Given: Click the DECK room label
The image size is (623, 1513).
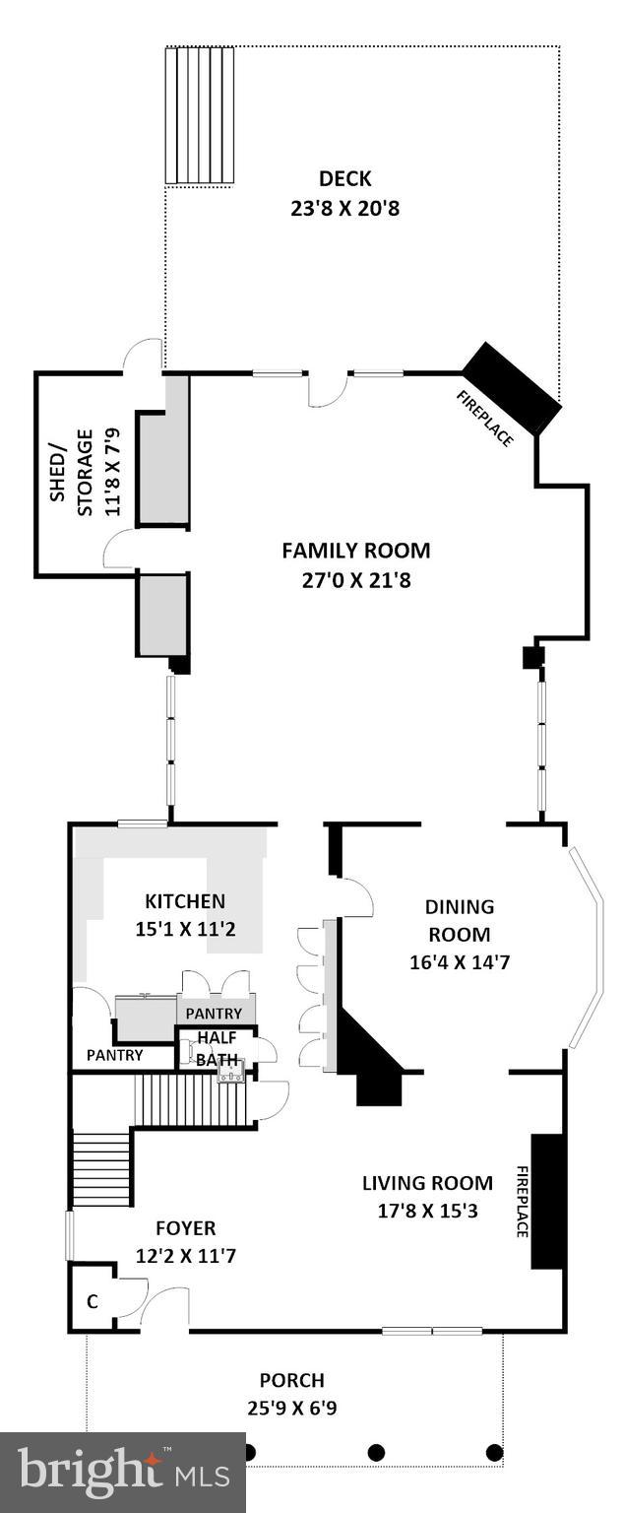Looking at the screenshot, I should tap(344, 178).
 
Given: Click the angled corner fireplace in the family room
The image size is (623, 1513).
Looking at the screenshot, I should tap(512, 388).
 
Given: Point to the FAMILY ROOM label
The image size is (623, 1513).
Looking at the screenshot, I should tap(355, 551).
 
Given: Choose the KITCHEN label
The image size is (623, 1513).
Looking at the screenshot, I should tap(185, 900).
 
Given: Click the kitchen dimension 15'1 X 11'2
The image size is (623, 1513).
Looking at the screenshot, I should tap(185, 928).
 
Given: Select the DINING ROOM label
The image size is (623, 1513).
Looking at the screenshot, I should tap(459, 920).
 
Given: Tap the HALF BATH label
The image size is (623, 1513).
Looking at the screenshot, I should tap(217, 1048).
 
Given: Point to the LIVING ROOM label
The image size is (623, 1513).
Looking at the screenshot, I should tap(426, 1183).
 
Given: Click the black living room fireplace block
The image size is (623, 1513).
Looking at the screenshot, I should tap(546, 1201).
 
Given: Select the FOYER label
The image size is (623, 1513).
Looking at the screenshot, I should tap(185, 1227).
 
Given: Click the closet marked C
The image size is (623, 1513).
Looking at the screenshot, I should tap(93, 1301).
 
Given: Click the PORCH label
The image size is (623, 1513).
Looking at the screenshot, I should tap(291, 1380).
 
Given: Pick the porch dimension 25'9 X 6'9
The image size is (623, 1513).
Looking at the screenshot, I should tap(291, 1409).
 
